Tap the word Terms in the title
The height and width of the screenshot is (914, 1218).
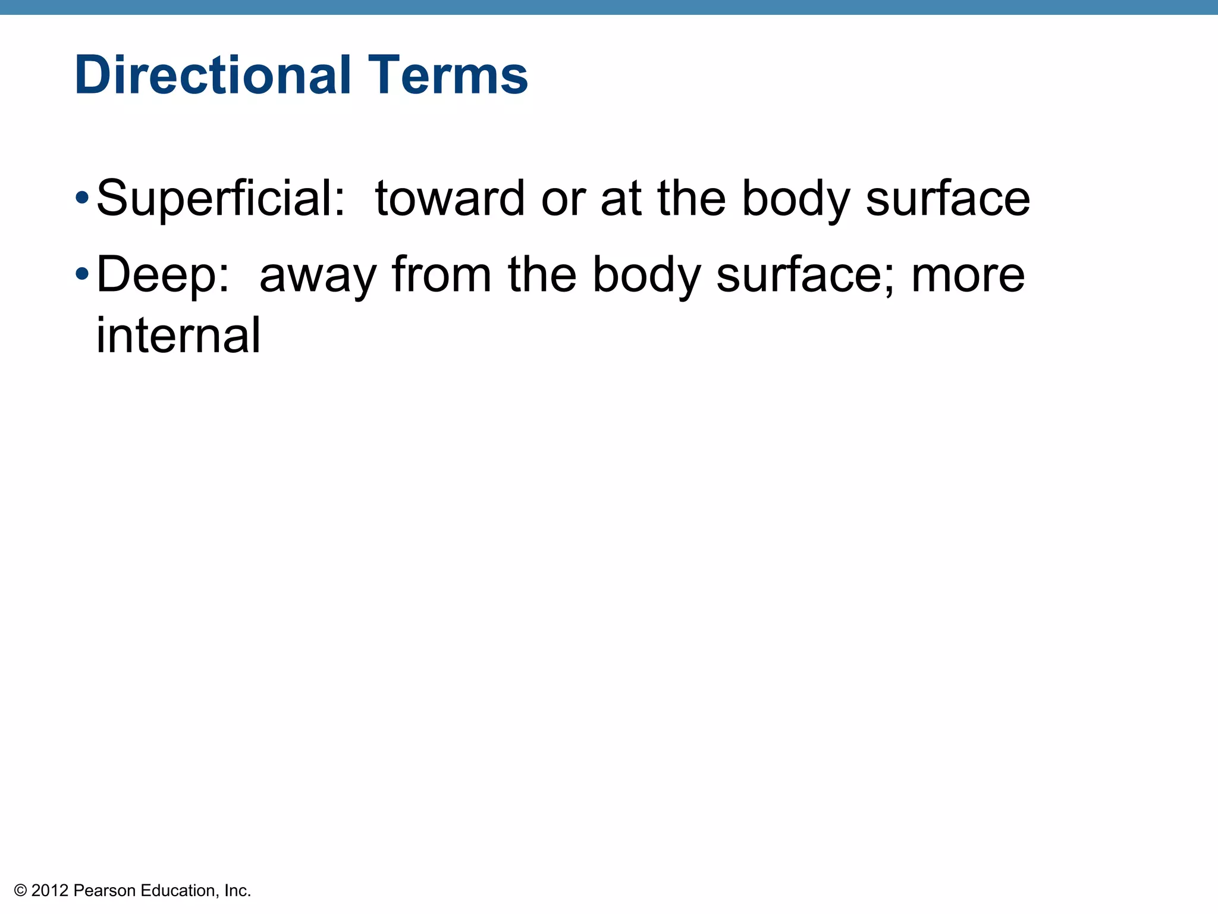(x=448, y=76)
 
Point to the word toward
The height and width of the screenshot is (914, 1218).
(x=450, y=199)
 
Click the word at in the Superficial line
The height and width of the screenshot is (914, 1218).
(x=621, y=199)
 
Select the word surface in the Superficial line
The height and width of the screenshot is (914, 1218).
(x=948, y=199)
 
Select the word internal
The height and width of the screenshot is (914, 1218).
(x=178, y=335)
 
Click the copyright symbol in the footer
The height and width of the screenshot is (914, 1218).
(x=20, y=891)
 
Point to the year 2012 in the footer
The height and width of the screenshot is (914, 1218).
(x=50, y=891)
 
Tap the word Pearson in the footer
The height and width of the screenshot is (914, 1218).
(x=105, y=891)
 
